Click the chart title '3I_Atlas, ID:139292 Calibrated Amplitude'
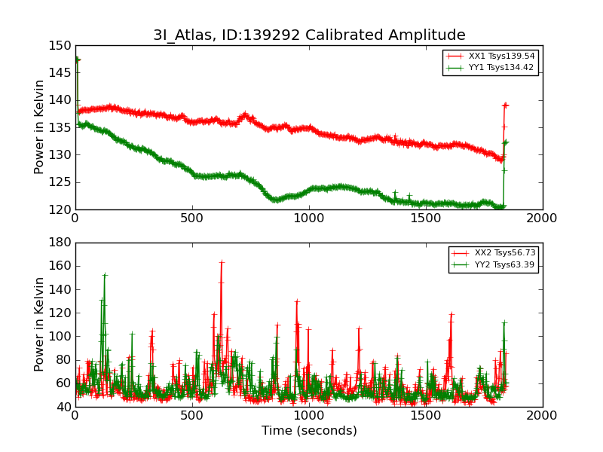point(309,35)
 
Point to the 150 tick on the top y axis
point(61,45)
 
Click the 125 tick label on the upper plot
point(61,182)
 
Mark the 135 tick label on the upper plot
point(61,127)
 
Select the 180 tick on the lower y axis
point(61,243)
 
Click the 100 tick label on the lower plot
point(61,336)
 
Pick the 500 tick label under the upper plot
point(192,218)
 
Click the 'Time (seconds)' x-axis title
point(309,431)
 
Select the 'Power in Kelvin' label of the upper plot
point(40,127)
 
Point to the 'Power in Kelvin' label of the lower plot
point(40,324)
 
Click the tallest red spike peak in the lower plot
point(221,262)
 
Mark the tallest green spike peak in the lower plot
point(104,275)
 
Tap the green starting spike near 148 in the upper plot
point(77,58)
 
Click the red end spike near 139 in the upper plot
point(505,105)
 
